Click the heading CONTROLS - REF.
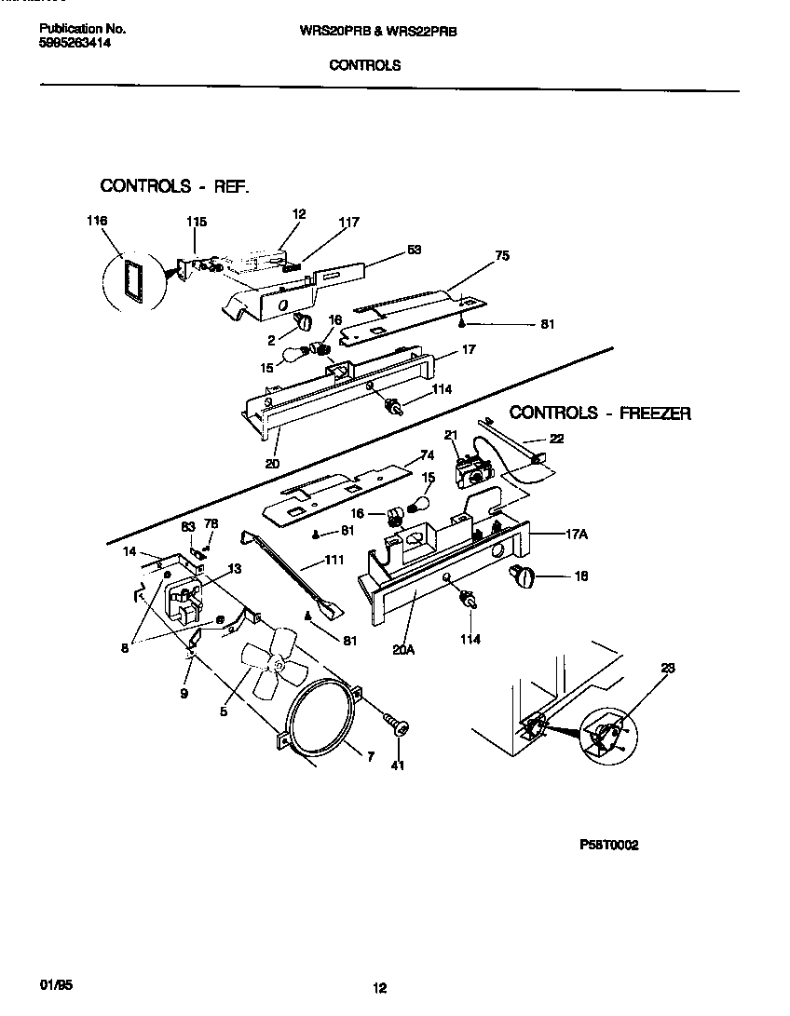tap(174, 185)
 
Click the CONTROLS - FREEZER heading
tap(600, 413)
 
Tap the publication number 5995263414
tap(75, 43)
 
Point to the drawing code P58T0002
tap(609, 846)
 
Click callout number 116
tap(96, 221)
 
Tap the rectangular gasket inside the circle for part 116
tap(128, 278)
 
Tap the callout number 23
tap(667, 667)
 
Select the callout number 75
tap(502, 255)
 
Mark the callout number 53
tap(414, 250)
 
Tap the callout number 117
tap(348, 222)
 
